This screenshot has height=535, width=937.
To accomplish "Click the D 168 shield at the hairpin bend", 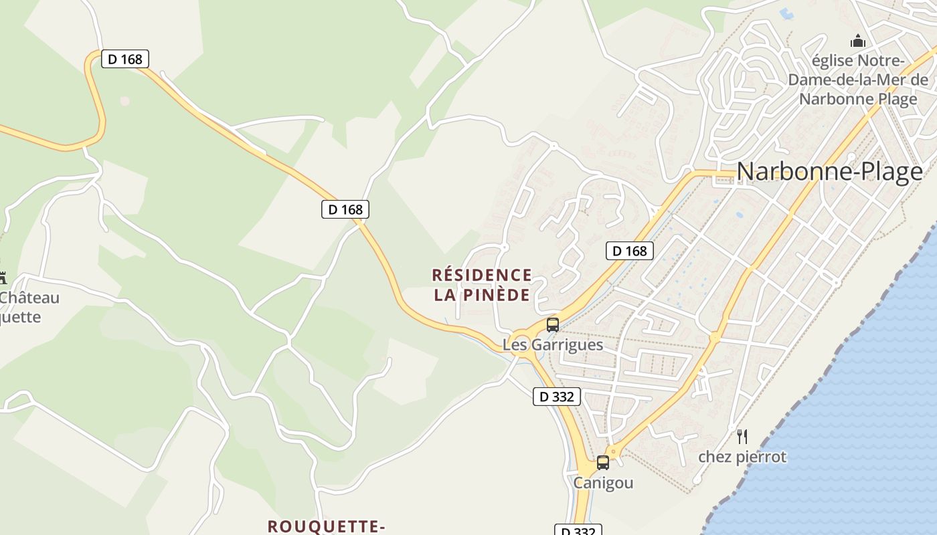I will coord(125,59).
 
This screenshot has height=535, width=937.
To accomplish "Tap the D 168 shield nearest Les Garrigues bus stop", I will coord(629,251).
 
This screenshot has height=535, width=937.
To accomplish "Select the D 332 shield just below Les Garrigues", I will coord(556,397).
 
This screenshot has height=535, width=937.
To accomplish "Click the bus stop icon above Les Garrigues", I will coord(553,325).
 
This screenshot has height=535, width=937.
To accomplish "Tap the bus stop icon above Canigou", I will coord(603,462).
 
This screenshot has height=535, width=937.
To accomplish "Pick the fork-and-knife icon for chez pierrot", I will coord(742,437).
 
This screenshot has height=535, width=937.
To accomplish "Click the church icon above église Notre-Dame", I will coord(857,41).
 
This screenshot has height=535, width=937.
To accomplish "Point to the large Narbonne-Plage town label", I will coord(829,172).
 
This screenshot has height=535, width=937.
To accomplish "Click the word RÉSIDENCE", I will coord(482,275).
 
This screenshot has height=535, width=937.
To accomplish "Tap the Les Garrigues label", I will coord(553,345).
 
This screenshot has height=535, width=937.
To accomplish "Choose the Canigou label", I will coord(603,483).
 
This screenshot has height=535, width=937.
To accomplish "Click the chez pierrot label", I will coord(742,457).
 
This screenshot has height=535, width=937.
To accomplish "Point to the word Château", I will coord(29,298).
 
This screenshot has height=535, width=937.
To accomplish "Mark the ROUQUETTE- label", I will coord(326,526).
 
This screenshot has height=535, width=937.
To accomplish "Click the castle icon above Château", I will coord(2,278).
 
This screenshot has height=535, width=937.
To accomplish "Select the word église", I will coord(832,61).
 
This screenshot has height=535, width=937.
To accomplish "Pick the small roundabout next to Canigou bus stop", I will coord(613,451).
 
